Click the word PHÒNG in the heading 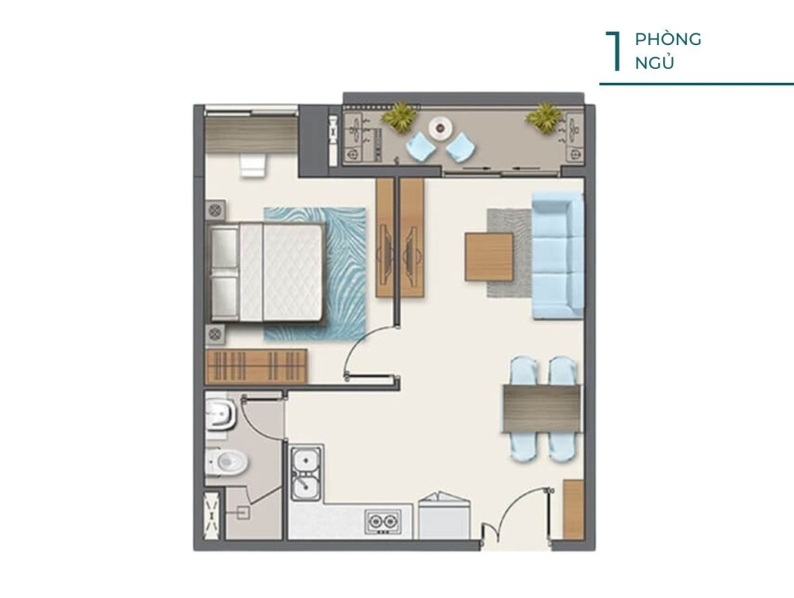[x=668, y=40]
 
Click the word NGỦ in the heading [x=654, y=64]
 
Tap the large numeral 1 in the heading [x=614, y=51]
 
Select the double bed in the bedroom [x=267, y=271]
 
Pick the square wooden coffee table [x=489, y=256]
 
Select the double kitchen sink [x=306, y=472]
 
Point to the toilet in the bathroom [x=227, y=461]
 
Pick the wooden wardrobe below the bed [x=256, y=366]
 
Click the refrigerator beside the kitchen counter [x=444, y=516]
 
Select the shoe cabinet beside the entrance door [x=574, y=510]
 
